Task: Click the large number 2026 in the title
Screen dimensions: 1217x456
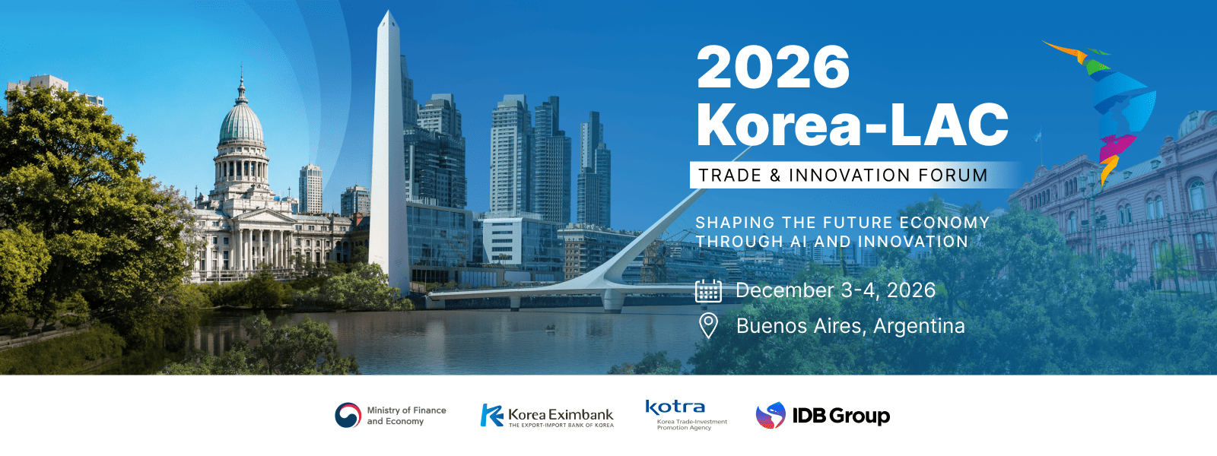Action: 773,67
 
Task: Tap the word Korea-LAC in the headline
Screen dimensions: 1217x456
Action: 853,125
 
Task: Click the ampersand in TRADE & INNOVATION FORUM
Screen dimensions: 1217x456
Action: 775,176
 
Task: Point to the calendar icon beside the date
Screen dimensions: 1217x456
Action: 708,290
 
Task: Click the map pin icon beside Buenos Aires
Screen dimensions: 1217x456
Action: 708,326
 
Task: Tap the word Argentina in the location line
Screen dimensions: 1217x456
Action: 920,326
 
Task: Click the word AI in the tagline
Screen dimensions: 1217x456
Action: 798,242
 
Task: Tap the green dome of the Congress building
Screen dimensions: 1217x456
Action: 241,124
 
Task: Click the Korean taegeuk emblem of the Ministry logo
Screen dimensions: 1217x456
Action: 348,415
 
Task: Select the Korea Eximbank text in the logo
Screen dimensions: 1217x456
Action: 561,415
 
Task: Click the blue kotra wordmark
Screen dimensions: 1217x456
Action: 675,407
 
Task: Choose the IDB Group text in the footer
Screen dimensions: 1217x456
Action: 841,416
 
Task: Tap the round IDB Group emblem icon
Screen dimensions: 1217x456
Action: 771,416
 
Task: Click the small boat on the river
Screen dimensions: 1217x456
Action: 551,328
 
